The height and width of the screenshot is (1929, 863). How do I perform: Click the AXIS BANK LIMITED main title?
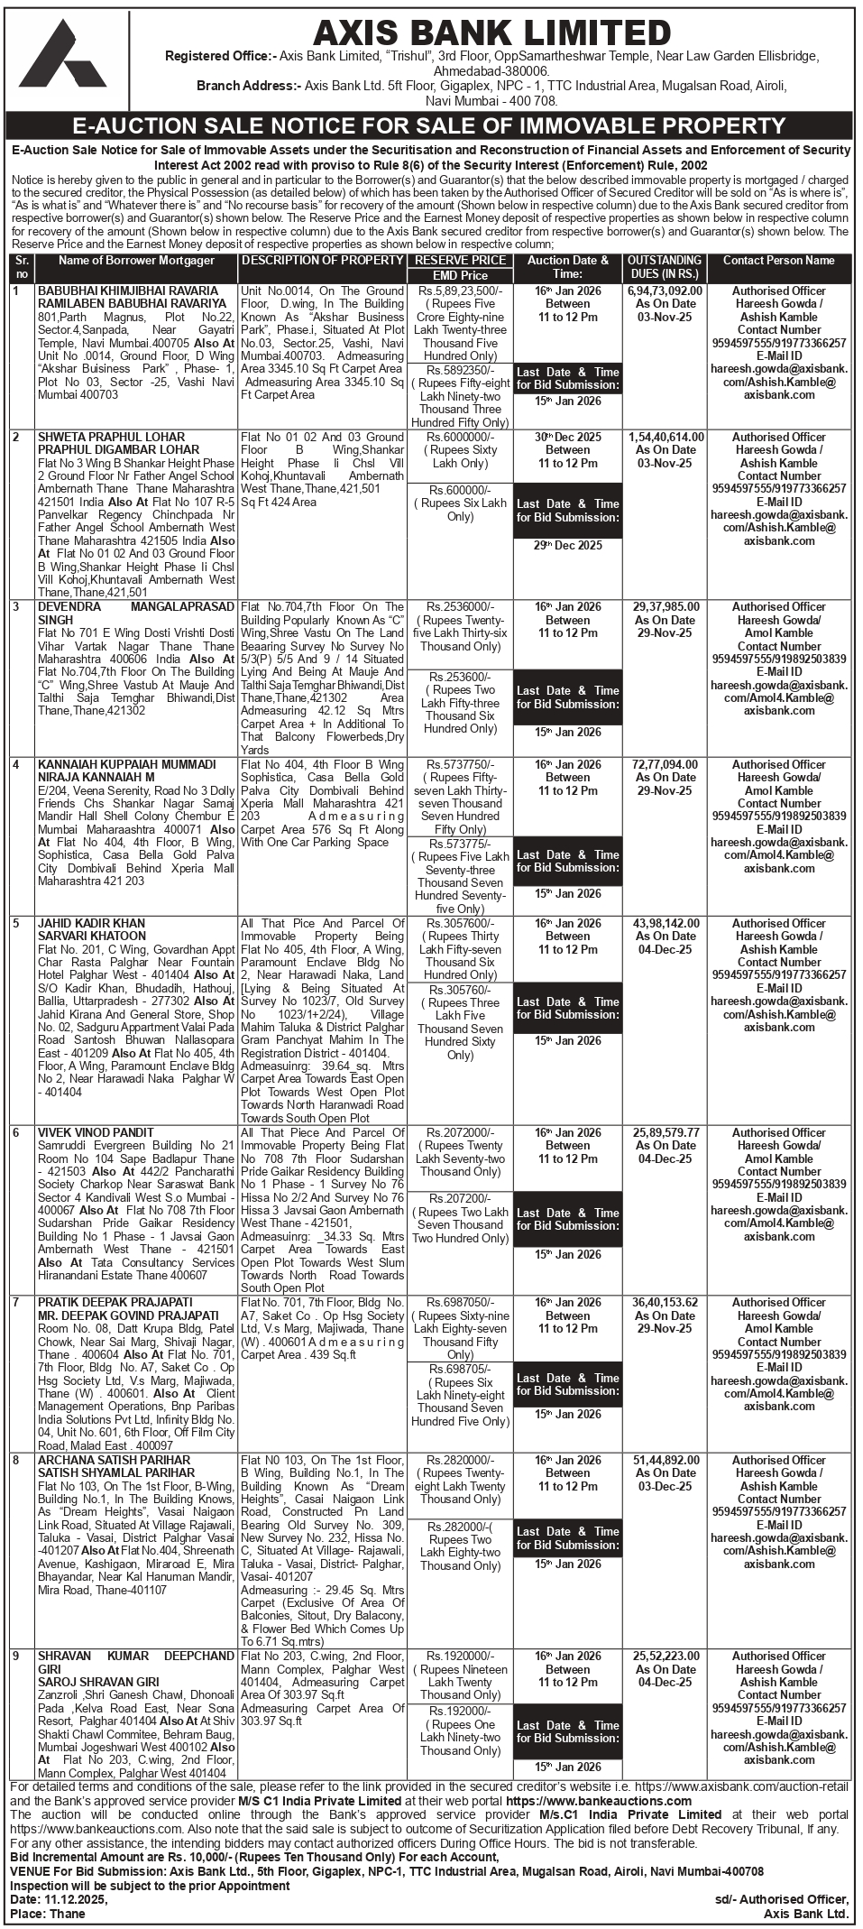[491, 33]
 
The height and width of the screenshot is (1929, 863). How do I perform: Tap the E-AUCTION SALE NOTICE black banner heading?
[429, 125]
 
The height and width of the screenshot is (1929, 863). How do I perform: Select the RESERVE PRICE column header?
[460, 261]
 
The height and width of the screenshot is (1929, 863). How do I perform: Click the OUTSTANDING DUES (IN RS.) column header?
[665, 266]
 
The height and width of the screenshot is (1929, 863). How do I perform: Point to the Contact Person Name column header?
[778, 261]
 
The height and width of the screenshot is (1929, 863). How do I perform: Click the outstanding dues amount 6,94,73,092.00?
[665, 291]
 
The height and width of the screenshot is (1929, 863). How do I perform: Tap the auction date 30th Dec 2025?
[567, 437]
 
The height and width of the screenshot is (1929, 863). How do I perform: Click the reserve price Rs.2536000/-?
[460, 607]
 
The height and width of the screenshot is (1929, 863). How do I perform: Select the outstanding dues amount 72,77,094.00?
[664, 765]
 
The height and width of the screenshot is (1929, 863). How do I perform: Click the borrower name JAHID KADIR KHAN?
[91, 924]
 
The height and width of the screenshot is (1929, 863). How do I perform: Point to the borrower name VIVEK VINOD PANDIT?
[96, 1133]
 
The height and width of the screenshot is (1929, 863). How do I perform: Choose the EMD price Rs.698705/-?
[460, 1370]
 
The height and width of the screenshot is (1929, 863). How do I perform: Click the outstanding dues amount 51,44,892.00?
[664, 1461]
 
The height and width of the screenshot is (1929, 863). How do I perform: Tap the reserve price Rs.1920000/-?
[460, 1657]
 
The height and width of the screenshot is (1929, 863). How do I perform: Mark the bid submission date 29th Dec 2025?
[567, 546]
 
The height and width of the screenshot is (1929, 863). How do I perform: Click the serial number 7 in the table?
[16, 1303]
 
